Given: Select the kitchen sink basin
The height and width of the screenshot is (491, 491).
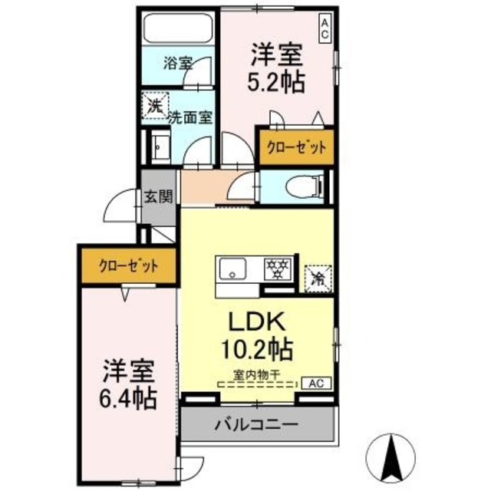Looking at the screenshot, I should pos(232,269).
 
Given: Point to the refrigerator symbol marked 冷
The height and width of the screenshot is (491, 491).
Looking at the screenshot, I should pos(316,278).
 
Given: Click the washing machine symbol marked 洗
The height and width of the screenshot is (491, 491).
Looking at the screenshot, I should pos(155,107).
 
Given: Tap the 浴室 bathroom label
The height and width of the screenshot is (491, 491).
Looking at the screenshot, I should pos(178,64).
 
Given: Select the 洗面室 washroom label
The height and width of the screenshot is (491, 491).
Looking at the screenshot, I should pos(192,117).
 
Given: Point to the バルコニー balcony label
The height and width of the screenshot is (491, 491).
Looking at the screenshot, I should pos(256,423).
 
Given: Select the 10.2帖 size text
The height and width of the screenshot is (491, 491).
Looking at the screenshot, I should pos(257,350).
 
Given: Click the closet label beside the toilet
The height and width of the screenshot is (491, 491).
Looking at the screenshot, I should pos(295,147).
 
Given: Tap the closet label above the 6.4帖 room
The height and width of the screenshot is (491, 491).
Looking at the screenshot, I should pos(128,266).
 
